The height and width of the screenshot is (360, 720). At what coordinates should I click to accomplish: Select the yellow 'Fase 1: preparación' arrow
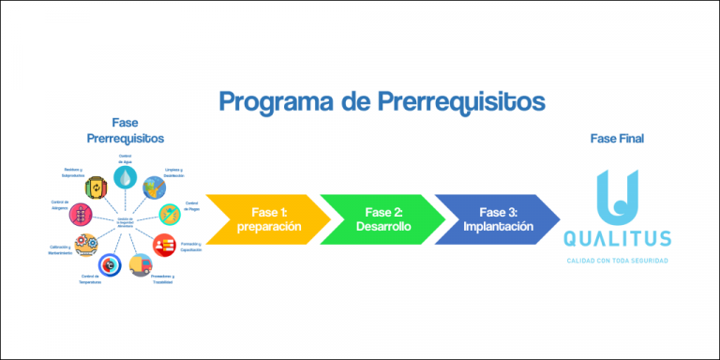[x=267, y=219]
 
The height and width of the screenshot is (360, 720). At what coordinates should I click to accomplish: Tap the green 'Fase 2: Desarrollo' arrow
[x=380, y=219]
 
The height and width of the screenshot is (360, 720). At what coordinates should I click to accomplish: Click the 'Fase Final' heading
[x=616, y=139]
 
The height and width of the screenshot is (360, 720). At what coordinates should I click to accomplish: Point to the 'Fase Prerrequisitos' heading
[x=125, y=130]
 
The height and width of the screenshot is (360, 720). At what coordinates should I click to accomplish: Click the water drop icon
[x=125, y=177]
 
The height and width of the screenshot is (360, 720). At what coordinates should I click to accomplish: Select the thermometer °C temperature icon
[x=110, y=266]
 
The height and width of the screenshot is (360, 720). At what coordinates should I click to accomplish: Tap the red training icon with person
[x=165, y=243]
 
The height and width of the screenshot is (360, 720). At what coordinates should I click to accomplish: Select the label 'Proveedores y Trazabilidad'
[x=162, y=279]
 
